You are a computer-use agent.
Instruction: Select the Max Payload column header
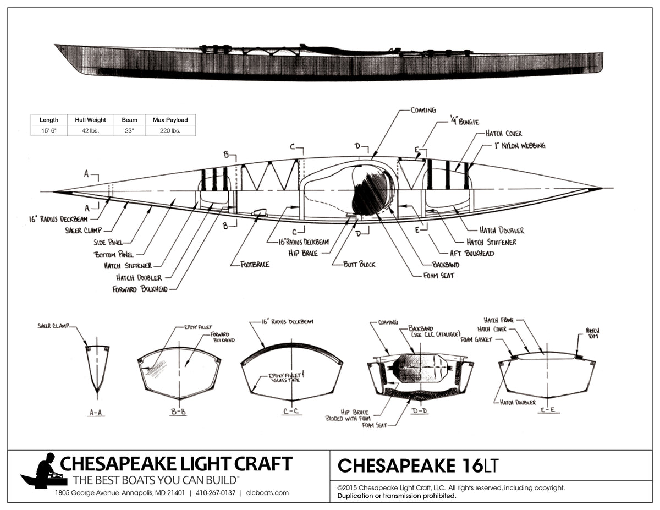[170, 119]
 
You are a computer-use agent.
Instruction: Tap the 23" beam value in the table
[129, 130]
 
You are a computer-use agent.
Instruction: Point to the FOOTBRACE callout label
[255, 264]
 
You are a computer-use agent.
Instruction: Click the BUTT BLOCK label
[359, 264]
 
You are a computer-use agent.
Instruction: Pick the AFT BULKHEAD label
[472, 253]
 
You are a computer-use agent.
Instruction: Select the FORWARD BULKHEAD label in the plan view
[140, 289]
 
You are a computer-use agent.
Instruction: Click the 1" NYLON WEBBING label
[519, 146]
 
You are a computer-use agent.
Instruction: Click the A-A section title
[96, 412]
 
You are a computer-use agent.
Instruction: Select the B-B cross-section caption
[178, 412]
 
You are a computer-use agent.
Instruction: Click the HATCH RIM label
[592, 332]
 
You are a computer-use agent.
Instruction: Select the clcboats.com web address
[267, 493]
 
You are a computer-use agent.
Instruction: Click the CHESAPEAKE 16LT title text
[417, 465]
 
